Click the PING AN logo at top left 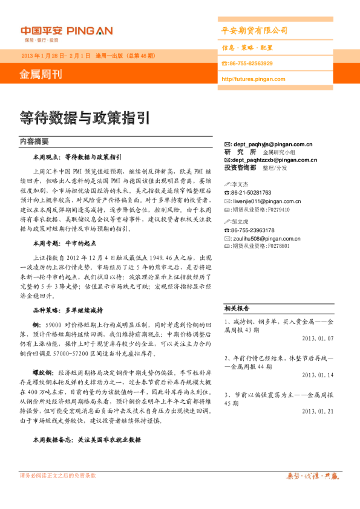[x=65, y=31]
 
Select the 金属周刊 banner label [x=41, y=75]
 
